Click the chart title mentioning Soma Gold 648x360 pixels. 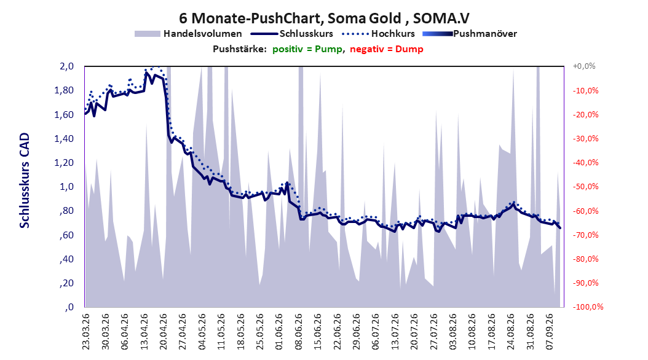pos(324,18)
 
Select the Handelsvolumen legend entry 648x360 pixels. pos(189,34)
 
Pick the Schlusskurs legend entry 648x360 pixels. pos(292,34)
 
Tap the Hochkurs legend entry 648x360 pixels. pos(379,34)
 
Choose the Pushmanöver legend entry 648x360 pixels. pos(470,34)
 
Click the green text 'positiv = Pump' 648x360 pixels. pos(307,49)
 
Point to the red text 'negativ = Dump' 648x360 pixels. pos(387,49)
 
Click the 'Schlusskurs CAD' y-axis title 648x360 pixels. pos(25,181)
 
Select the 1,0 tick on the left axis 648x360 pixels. pos(66,187)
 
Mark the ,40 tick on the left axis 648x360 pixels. pos(66,259)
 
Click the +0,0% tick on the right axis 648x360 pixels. pos(584,66)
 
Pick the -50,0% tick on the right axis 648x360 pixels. pos(585,187)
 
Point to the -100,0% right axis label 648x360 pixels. pos(588,307)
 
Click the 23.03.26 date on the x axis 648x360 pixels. pos(85,332)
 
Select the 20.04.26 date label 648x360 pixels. pos(163,332)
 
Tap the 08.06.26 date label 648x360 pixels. pos(298,332)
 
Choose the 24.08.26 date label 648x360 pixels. pos(512,332)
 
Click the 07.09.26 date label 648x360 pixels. pos(550,332)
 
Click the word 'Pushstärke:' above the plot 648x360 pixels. pos(240,49)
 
